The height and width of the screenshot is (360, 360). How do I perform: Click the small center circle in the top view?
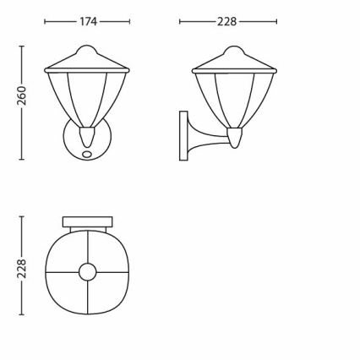(88, 272)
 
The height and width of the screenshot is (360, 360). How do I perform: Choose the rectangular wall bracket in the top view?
(88, 220)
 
